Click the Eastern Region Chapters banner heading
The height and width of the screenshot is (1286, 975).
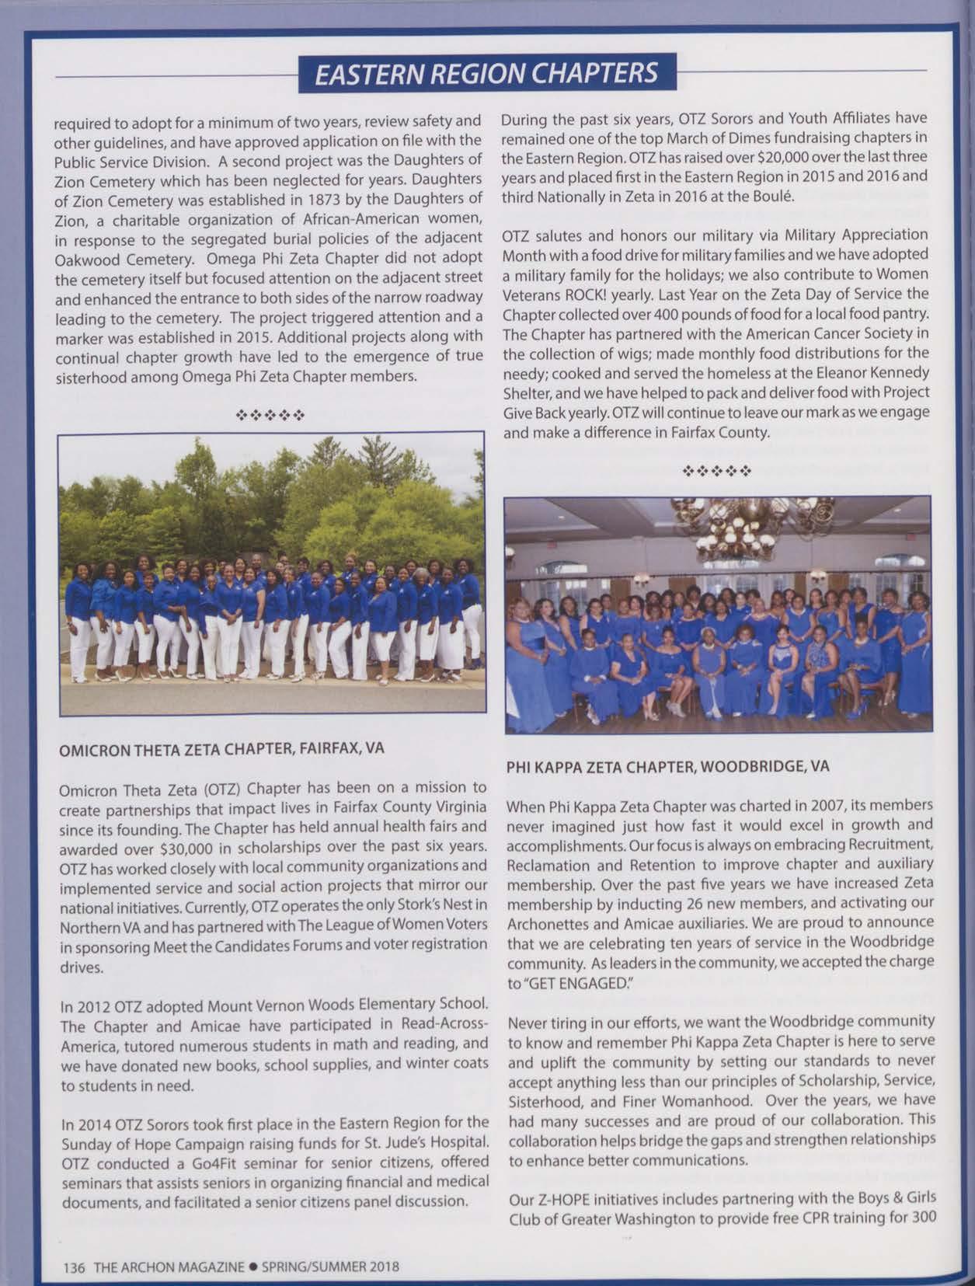[x=487, y=73]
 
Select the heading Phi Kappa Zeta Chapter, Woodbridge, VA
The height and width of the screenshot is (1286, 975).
[x=667, y=766]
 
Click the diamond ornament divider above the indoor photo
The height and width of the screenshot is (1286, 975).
[x=716, y=471]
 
